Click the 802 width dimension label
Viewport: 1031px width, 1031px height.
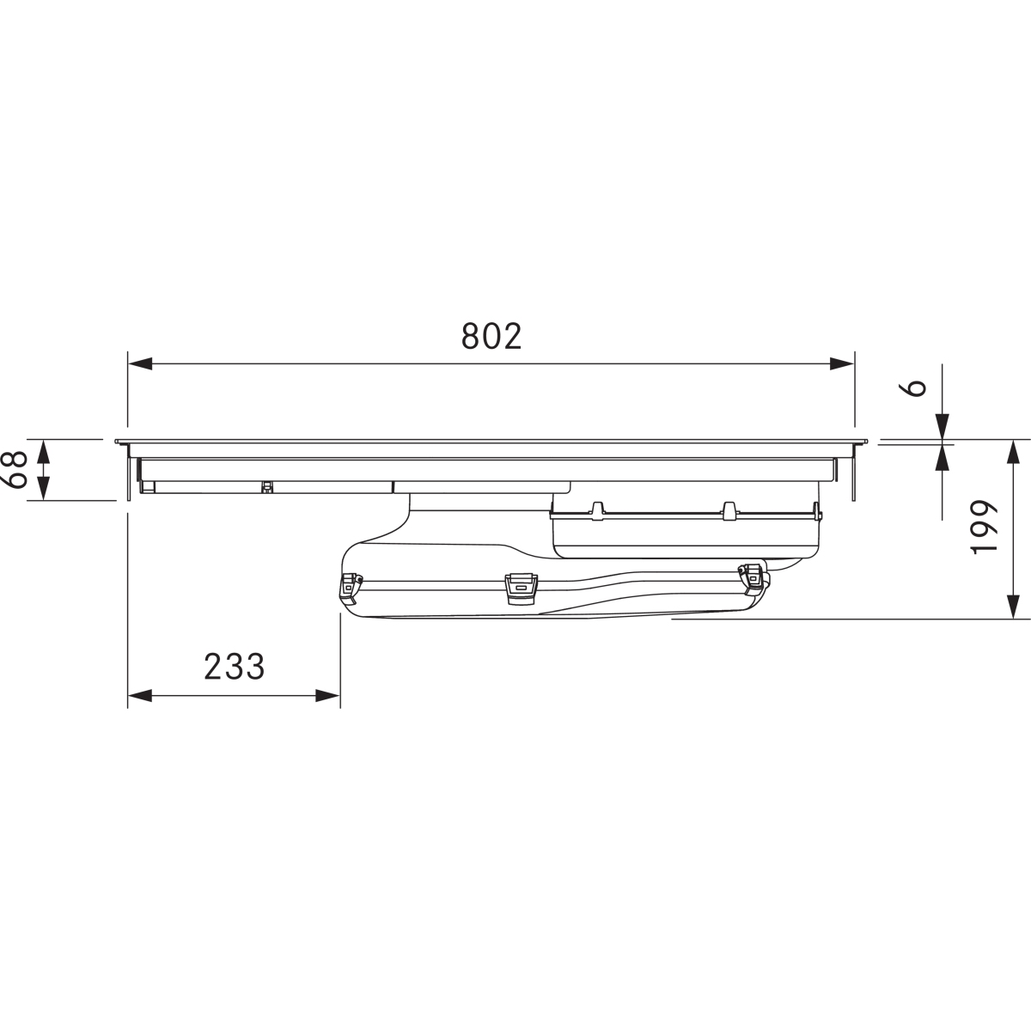click(491, 336)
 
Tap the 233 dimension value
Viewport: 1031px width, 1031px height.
click(235, 666)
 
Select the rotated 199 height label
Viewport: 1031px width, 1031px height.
click(985, 527)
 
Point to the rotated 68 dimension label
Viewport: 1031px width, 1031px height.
click(15, 470)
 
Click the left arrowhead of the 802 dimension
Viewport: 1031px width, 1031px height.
click(140, 363)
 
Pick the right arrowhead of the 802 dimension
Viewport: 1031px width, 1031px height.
click(842, 363)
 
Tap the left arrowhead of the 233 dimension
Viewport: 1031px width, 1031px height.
click(140, 696)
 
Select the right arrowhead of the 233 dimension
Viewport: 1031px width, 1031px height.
click(328, 696)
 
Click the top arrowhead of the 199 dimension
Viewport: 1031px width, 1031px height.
click(1013, 452)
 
